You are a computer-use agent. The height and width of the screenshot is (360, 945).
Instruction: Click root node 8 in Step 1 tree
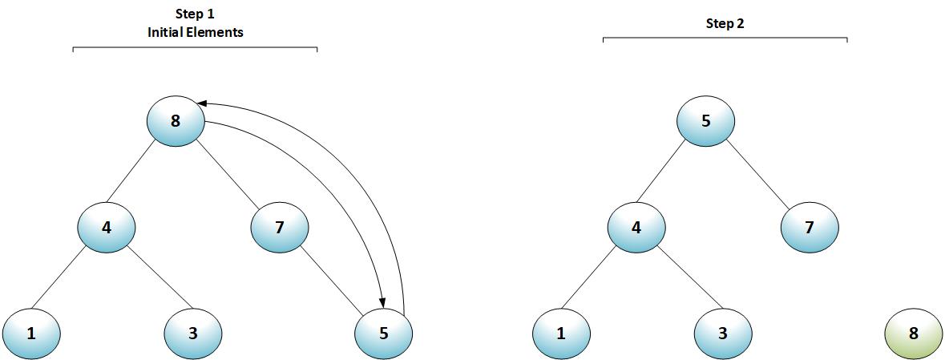pyautogui.click(x=176, y=122)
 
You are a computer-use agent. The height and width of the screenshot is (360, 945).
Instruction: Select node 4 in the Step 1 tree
pyautogui.click(x=107, y=228)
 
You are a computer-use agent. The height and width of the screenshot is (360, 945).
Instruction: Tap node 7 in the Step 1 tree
pyautogui.click(x=280, y=228)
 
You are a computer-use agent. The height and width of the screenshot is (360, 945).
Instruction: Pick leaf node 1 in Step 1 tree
pyautogui.click(x=31, y=333)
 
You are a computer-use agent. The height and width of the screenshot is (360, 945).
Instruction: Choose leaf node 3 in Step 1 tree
pyautogui.click(x=193, y=333)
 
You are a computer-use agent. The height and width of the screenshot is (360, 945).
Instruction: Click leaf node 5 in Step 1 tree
pyautogui.click(x=383, y=333)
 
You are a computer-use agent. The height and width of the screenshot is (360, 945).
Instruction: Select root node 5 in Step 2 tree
pyautogui.click(x=706, y=122)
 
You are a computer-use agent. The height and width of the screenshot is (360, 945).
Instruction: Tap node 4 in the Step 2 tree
pyautogui.click(x=636, y=228)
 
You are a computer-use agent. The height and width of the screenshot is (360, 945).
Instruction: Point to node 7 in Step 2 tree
pyautogui.click(x=810, y=228)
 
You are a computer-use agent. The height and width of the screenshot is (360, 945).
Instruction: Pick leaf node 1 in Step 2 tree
pyautogui.click(x=561, y=333)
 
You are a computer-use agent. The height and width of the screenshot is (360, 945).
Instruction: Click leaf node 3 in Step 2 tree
pyautogui.click(x=723, y=333)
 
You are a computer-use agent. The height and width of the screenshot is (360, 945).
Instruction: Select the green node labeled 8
pyautogui.click(x=913, y=333)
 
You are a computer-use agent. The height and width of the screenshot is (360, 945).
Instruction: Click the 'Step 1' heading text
pyautogui.click(x=195, y=14)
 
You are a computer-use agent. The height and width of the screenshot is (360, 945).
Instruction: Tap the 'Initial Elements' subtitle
pyautogui.click(x=195, y=32)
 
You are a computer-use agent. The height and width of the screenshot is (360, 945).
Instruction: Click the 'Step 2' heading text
pyautogui.click(x=725, y=23)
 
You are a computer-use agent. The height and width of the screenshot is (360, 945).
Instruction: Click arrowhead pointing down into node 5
pyautogui.click(x=382, y=301)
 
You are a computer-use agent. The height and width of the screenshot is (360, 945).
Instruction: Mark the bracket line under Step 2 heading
pyautogui.click(x=725, y=37)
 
